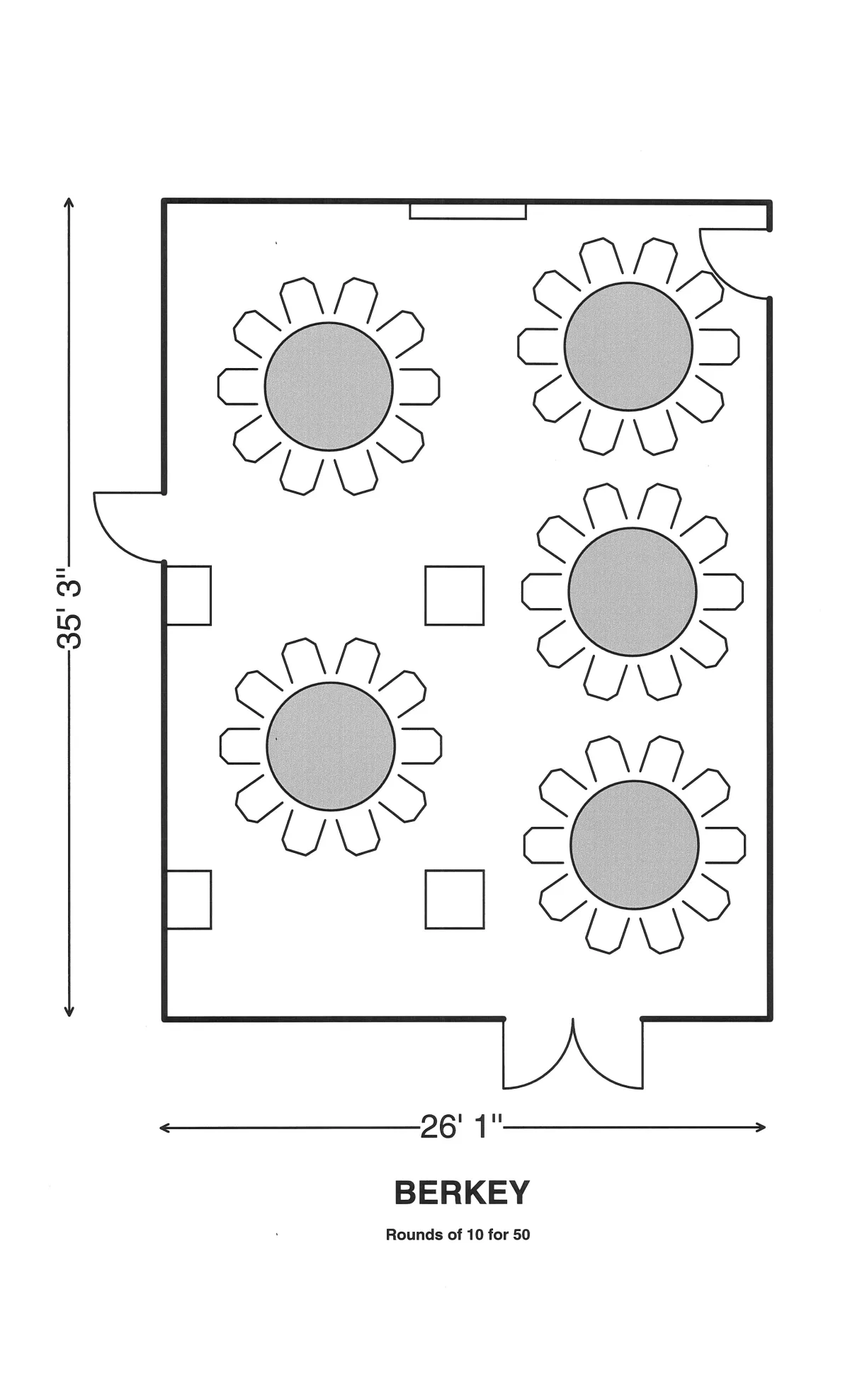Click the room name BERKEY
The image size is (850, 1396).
[x=461, y=1193]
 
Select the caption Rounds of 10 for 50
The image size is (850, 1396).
[x=458, y=1235]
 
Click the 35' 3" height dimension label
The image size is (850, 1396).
[x=69, y=607]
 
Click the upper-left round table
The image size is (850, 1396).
[x=329, y=387]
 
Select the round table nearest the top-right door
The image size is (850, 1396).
[x=628, y=347]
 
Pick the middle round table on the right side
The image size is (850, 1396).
[x=633, y=592]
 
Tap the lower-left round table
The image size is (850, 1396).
[x=331, y=746]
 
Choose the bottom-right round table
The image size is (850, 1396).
[x=635, y=845]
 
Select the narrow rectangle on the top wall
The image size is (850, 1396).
[x=467, y=211]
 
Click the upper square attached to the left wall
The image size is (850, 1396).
[x=188, y=595]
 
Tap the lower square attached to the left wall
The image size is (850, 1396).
[x=188, y=899]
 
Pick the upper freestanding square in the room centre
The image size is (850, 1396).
[x=455, y=595]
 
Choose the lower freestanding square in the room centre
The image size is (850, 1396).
[x=455, y=899]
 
